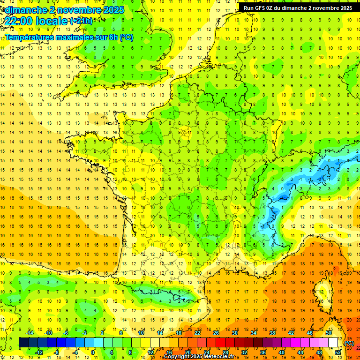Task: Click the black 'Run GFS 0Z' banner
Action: coord(298,7)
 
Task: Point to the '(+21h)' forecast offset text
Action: coord(81,21)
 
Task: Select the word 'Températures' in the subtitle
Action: coord(29,37)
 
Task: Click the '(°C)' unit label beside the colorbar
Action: coord(349,343)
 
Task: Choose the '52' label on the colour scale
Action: coord(338,352)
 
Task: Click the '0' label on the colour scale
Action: coord(93,352)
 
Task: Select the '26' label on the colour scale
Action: coord(216,333)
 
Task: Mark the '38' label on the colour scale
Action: coord(272,333)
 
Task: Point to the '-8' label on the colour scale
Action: coord(57,352)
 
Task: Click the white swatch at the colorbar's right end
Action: coord(333,343)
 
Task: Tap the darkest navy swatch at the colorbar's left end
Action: coord(24,343)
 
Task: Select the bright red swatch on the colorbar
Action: coord(221,343)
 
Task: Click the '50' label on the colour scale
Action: coord(329,333)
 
